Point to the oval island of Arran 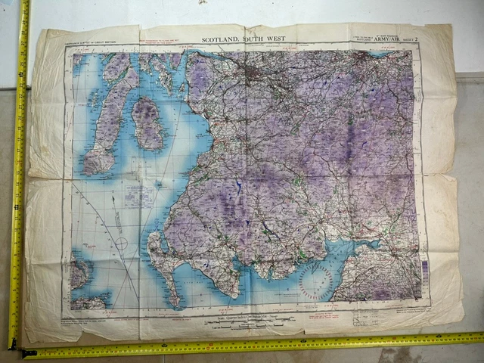[148, 123]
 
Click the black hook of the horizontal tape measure [29, 352]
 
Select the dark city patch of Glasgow [249, 73]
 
